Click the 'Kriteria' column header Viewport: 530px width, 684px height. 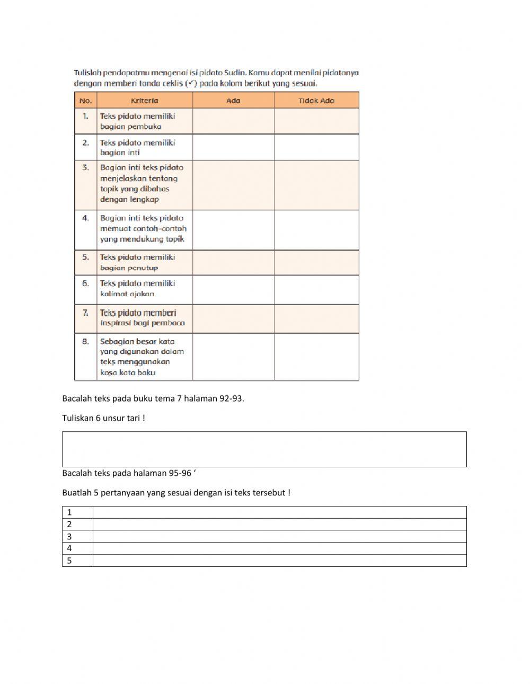[x=144, y=100]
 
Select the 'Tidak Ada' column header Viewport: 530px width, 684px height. [x=316, y=100]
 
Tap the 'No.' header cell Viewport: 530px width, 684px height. [x=85, y=100]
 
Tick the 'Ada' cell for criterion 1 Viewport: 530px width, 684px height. [x=233, y=121]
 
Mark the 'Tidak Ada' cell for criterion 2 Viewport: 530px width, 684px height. [x=316, y=147]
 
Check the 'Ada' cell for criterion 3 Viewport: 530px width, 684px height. [x=233, y=185]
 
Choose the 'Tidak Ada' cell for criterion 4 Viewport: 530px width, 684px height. [x=316, y=230]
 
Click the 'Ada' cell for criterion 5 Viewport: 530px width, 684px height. [x=233, y=262]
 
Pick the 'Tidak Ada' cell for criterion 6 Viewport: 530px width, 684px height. [x=316, y=290]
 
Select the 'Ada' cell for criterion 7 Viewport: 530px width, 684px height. [x=233, y=318]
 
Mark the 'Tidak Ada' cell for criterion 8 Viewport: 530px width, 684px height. [x=316, y=357]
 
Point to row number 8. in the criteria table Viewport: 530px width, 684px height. [x=85, y=342]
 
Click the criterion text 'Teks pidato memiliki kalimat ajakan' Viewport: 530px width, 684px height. [x=137, y=289]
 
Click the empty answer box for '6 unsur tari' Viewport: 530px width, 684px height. [x=264, y=449]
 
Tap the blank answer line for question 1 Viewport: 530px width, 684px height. [x=279, y=512]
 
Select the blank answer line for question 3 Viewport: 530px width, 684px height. [x=279, y=536]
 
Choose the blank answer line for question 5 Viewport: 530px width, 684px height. [x=279, y=561]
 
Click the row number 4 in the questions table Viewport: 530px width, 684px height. [x=69, y=548]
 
